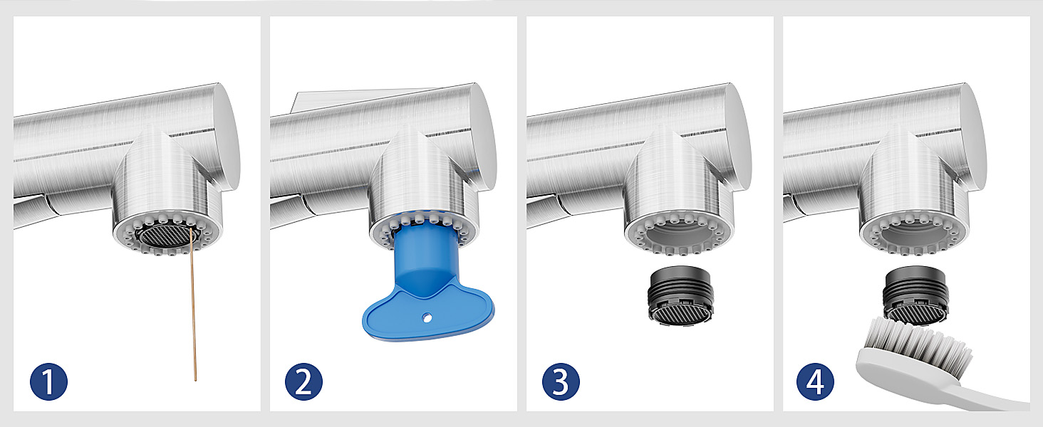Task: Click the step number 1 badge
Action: click(48, 381)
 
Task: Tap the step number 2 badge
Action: click(303, 381)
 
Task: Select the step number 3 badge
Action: click(561, 381)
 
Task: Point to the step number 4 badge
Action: click(815, 381)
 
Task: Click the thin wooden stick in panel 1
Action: click(193, 305)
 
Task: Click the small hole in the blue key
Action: click(427, 318)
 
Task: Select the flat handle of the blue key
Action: click(428, 314)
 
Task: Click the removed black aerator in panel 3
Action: click(680, 294)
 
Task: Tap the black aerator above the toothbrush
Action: click(915, 295)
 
